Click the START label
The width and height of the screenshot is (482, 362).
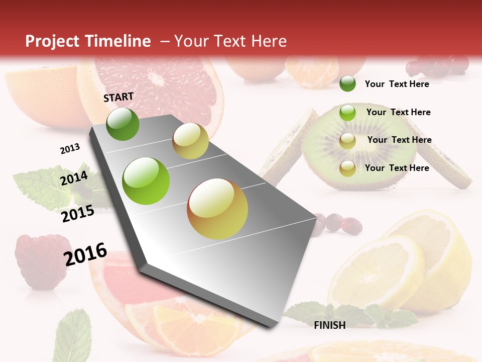pos(118,97)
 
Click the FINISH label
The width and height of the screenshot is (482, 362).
pos(329,325)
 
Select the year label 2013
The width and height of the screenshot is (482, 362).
pos(70,149)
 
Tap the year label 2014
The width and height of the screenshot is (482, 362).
pos(74,178)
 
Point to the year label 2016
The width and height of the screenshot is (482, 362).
pos(85,254)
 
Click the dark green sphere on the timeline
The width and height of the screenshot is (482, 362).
pos(123,124)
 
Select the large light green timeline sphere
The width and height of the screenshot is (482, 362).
pos(146,181)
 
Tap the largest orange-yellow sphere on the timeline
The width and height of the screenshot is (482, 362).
pos(217,209)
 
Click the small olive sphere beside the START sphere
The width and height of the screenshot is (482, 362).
pos(190,141)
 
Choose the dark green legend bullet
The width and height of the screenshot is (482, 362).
pos(347,83)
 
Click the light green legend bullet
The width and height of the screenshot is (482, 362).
pos(347,113)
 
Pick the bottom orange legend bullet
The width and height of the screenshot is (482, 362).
pos(347,168)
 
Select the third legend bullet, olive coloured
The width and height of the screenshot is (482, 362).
pos(347,141)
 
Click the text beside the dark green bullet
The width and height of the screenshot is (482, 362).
pos(397,84)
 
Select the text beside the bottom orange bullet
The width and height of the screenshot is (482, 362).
pos(397,168)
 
